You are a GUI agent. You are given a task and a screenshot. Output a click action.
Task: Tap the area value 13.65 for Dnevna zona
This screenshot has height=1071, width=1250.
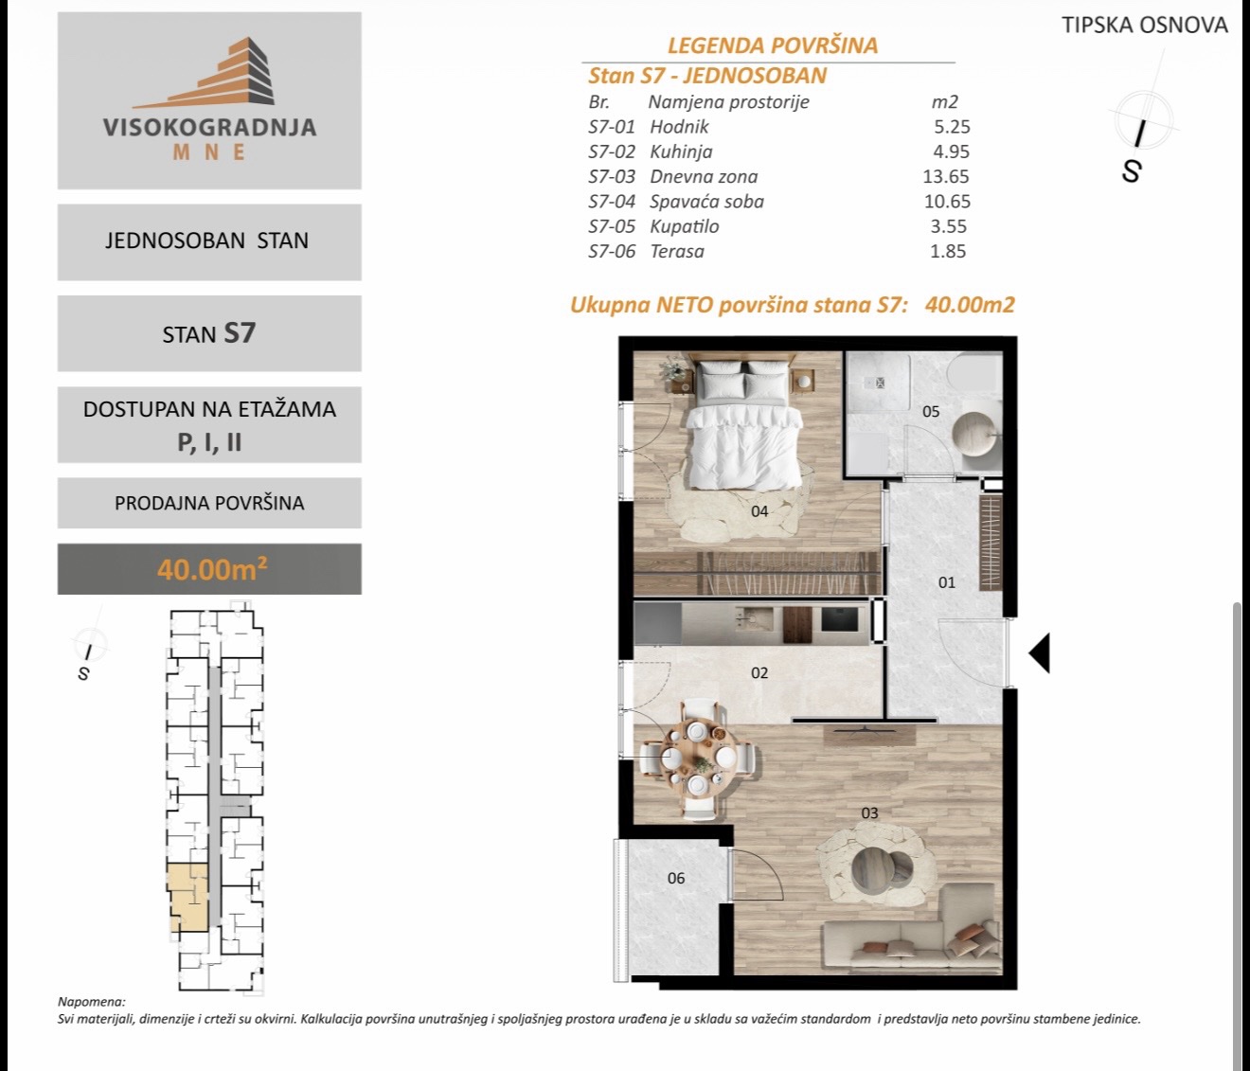[946, 176]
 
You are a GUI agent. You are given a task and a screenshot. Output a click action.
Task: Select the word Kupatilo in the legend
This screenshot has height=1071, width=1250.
[684, 226]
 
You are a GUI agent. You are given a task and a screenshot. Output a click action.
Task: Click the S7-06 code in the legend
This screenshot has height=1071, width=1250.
[612, 251]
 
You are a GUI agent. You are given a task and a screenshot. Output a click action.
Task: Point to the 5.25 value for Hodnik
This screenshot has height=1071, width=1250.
[952, 126]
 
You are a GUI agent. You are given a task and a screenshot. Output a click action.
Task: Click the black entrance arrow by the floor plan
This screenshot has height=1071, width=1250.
[1040, 652]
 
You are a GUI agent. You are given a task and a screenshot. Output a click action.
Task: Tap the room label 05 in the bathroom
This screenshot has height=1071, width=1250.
[931, 412]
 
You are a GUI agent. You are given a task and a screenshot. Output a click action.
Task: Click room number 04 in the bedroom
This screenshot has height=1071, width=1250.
[759, 511]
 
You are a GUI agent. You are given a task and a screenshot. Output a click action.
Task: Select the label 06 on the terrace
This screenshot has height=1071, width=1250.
[675, 878]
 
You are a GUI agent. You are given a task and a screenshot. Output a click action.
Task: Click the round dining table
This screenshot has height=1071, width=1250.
[698, 758]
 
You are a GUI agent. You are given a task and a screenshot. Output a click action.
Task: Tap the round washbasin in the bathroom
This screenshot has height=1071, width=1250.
[974, 434]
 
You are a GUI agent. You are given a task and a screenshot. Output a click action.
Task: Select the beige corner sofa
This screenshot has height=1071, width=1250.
[910, 930]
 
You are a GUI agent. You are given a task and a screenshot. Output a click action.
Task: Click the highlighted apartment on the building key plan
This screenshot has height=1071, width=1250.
[188, 899]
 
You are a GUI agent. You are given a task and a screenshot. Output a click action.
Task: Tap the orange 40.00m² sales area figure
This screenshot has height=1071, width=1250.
[212, 569]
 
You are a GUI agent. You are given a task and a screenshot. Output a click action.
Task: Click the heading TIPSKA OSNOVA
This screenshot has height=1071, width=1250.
[1145, 26]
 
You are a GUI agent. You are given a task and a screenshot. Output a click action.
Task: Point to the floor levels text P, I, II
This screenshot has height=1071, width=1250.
[209, 442]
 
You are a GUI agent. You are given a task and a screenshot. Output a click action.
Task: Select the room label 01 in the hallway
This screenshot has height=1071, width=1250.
[946, 582]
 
